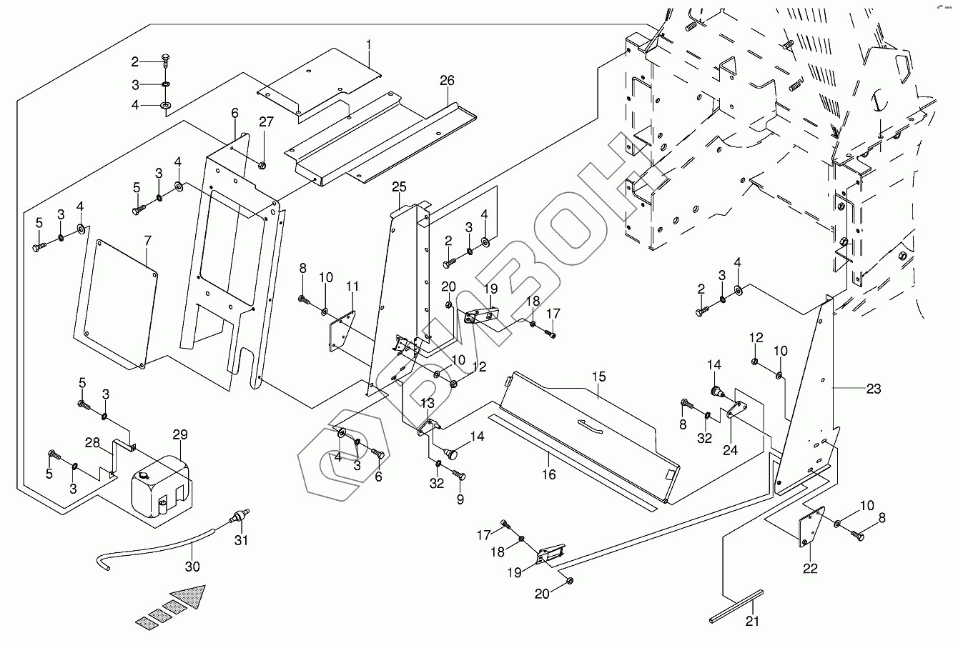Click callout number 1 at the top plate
(x=369, y=45)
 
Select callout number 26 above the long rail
(x=447, y=80)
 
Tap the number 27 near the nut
(x=266, y=122)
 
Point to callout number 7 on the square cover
(x=147, y=238)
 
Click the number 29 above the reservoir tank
(x=179, y=435)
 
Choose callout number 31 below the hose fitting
(x=242, y=541)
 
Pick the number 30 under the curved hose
(x=192, y=567)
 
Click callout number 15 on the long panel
(x=598, y=376)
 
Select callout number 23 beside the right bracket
(x=874, y=389)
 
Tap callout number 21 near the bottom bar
(x=751, y=622)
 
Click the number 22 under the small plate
(x=809, y=569)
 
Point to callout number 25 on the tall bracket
(x=399, y=187)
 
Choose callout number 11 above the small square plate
(x=352, y=286)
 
